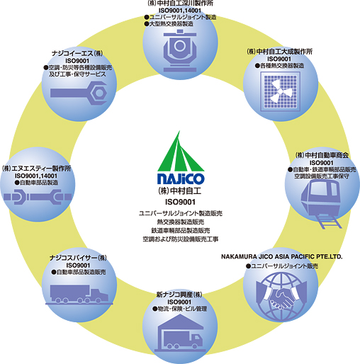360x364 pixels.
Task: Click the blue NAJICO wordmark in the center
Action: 181,178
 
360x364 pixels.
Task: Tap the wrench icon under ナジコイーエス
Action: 79,93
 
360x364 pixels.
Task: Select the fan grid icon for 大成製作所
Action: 280,91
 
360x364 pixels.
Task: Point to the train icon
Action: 321,203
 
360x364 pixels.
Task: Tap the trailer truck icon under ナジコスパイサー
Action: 79,295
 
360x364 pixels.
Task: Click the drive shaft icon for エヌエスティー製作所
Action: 38,197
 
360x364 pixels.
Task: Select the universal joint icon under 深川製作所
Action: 180,50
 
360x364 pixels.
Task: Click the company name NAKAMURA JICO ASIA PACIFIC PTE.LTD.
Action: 281,256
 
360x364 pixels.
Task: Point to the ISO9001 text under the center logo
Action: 180,202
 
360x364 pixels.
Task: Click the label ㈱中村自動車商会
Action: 322,155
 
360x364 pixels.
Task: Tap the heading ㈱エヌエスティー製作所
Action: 36,169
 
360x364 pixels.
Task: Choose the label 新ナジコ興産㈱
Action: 179,295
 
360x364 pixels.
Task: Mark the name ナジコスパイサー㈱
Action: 78,258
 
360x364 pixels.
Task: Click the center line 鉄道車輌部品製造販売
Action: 181,230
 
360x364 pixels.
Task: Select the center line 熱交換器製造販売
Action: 181,222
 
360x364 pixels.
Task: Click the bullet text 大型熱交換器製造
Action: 169,24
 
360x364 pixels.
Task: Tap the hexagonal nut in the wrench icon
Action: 99,93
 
